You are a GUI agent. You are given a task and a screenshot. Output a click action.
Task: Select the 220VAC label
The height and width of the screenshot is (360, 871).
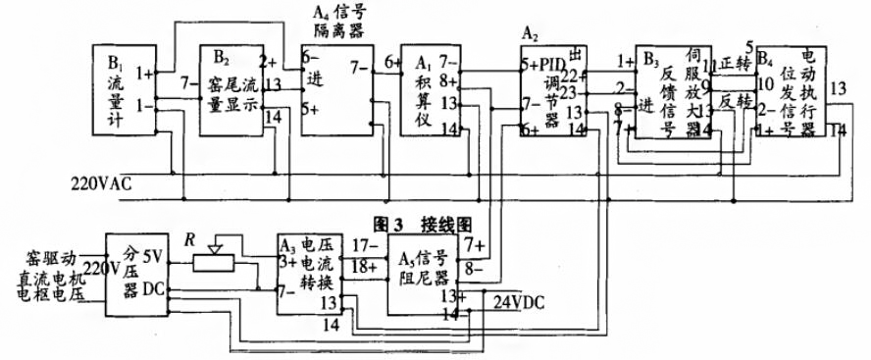[x=104, y=182]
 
